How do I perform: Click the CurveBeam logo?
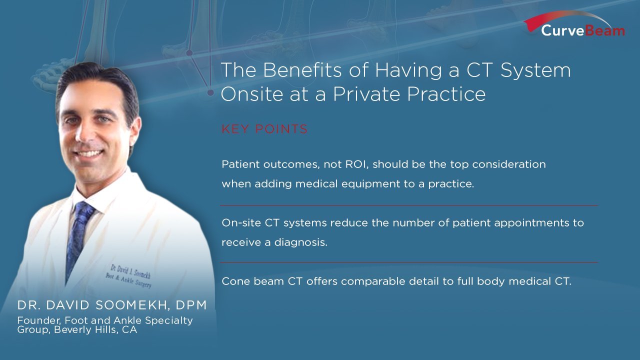575,24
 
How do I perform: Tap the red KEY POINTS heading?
264,129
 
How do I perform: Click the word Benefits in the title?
302,69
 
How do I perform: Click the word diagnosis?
301,242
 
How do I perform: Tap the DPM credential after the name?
191,305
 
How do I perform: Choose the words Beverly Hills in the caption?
85,329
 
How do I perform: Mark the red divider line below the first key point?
409,205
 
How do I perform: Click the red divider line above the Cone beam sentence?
409,262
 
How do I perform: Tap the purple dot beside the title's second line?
210,92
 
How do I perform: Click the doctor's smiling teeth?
89,153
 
